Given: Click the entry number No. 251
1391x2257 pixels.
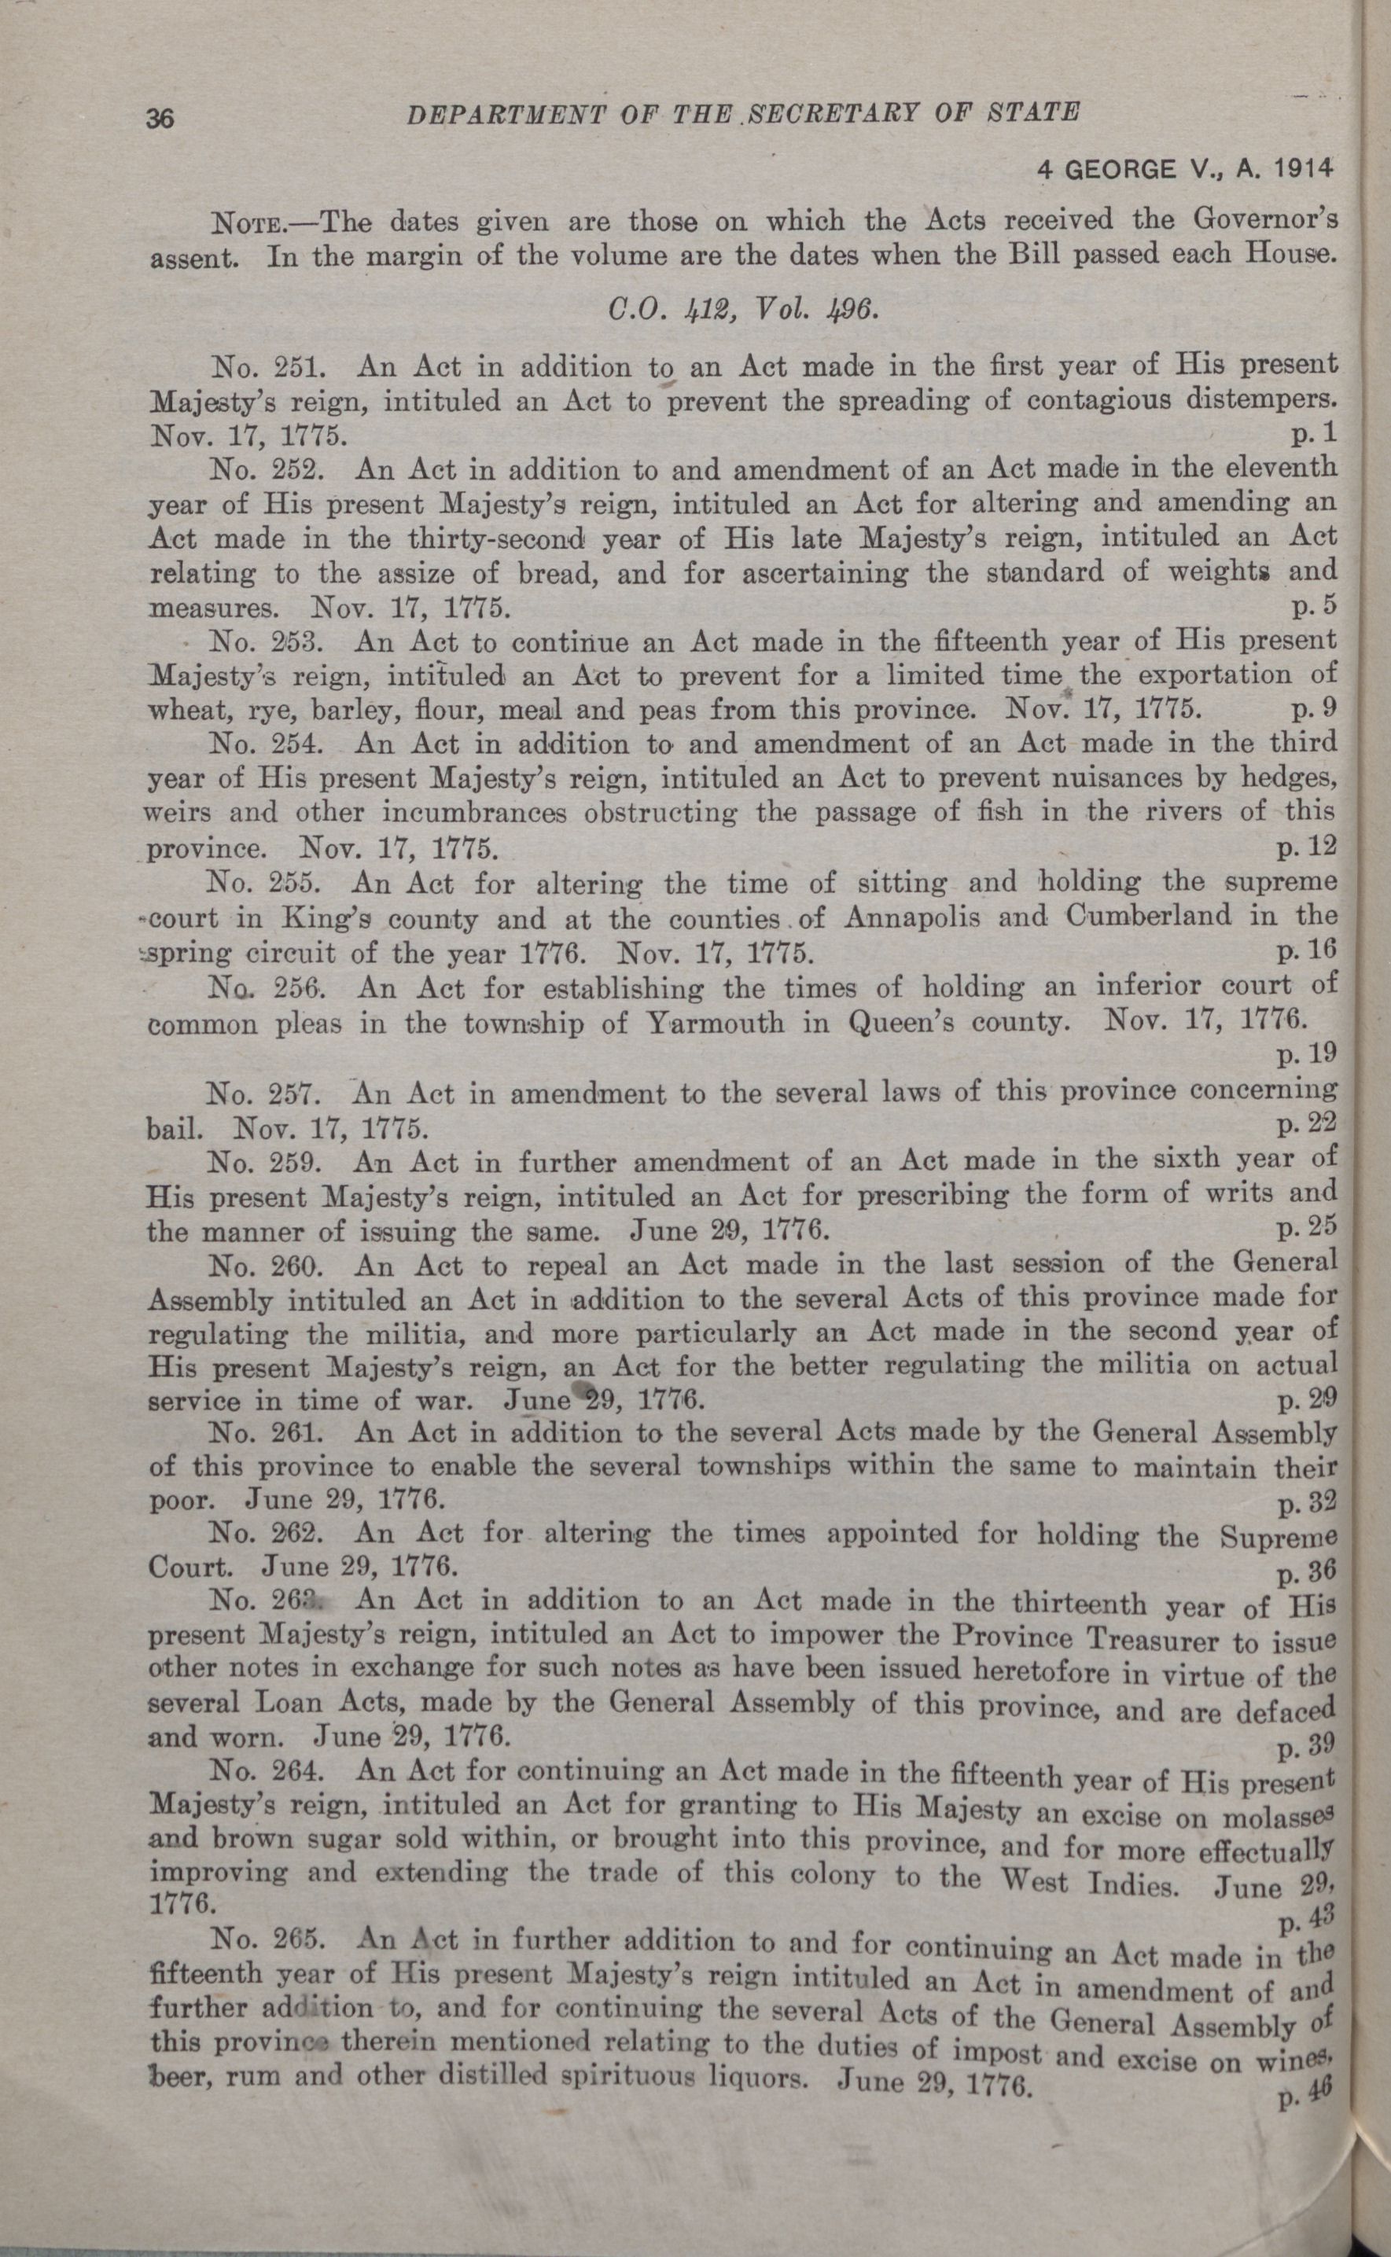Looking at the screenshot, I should coord(265,368).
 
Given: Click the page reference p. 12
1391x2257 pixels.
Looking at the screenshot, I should coord(1311,844).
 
